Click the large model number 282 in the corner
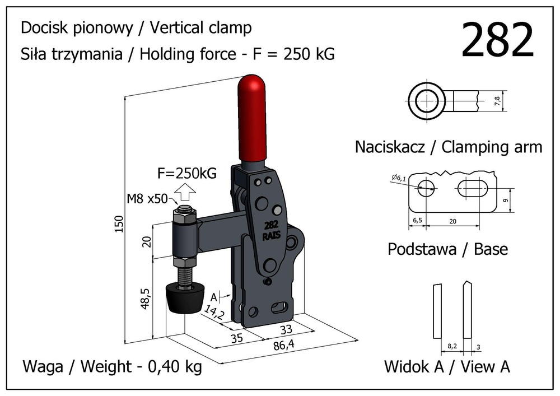(497, 40)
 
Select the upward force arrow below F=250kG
(186, 192)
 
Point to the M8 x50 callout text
(147, 198)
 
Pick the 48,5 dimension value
(146, 299)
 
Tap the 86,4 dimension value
(284, 345)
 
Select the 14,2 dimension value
(214, 312)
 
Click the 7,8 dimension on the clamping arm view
(497, 100)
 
